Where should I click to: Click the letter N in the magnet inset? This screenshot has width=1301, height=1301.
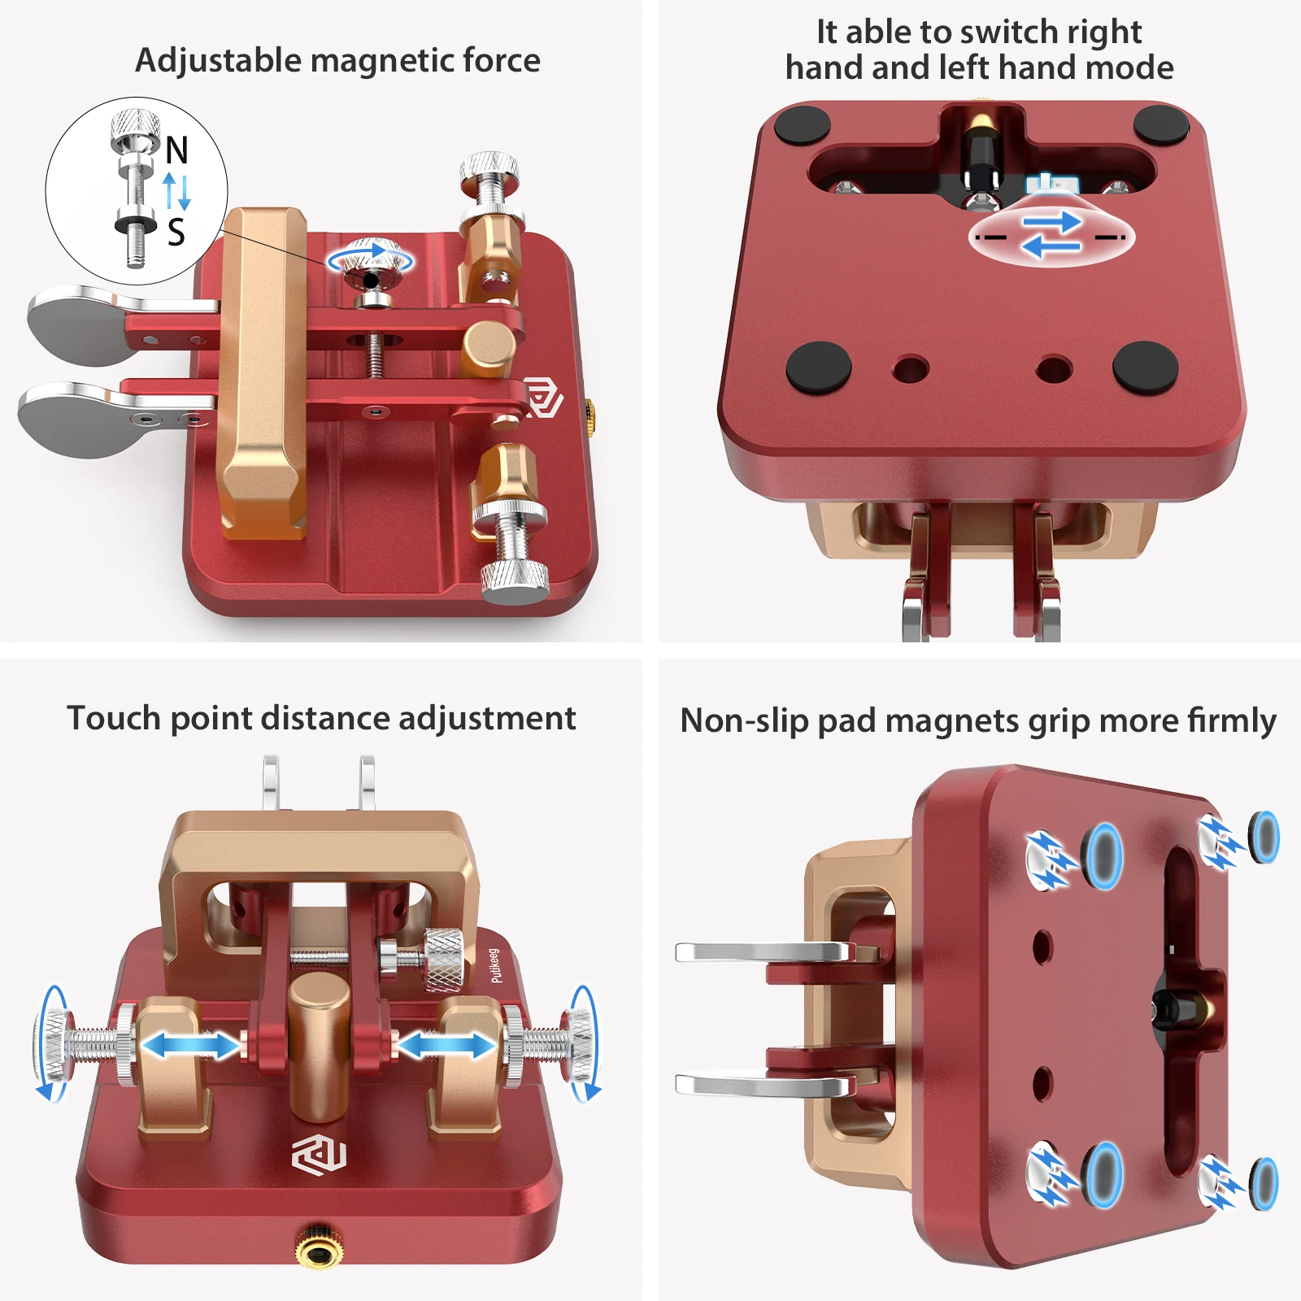tap(176, 150)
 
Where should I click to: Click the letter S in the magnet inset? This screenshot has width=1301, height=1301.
tap(176, 233)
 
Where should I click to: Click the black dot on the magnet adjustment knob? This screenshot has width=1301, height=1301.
tap(371, 281)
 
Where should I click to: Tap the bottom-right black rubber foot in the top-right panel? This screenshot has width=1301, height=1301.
tap(1145, 367)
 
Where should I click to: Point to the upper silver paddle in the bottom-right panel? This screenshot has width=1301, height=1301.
tap(764, 952)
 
